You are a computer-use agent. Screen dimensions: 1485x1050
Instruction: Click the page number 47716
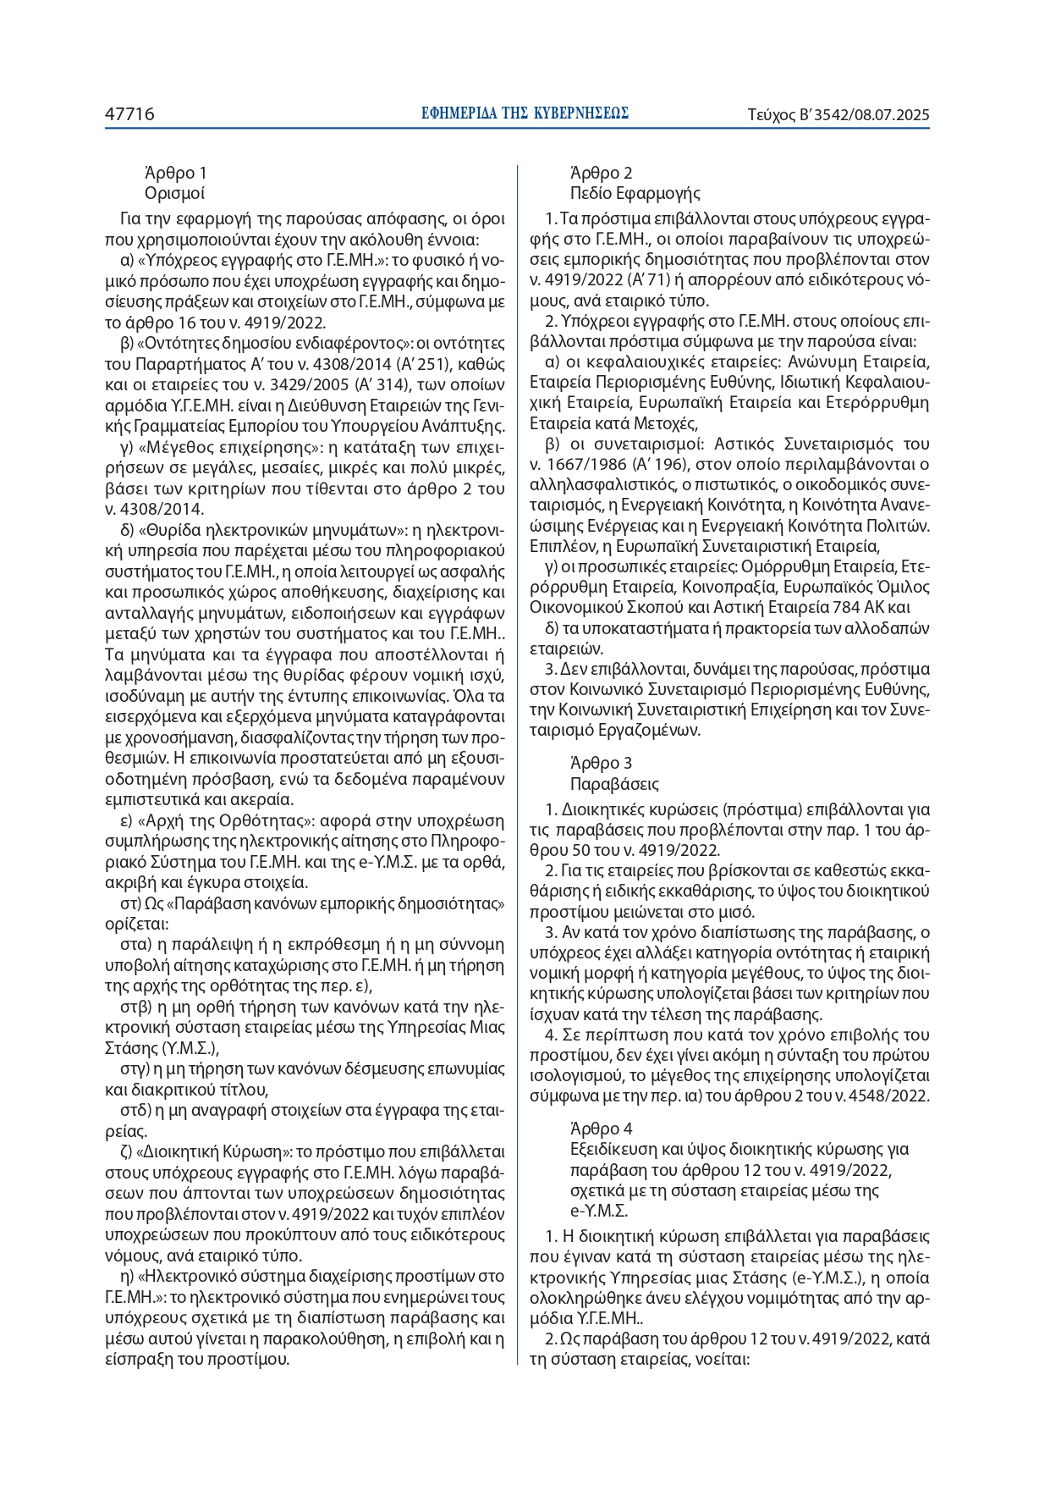129,114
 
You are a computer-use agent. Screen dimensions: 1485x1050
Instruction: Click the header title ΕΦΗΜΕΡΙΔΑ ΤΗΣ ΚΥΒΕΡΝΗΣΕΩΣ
525,113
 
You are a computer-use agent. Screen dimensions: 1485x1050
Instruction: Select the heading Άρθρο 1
176,173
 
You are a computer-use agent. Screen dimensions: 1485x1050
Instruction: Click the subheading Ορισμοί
175,193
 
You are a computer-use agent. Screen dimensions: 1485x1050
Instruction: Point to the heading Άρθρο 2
602,173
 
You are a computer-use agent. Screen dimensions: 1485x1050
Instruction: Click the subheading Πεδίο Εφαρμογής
635,193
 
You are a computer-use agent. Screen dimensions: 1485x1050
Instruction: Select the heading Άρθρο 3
602,764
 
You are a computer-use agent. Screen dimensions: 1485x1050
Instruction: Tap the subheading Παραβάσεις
614,784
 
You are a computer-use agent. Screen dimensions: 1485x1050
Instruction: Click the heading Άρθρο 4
602,1129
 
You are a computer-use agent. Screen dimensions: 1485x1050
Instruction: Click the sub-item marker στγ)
135,1069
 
